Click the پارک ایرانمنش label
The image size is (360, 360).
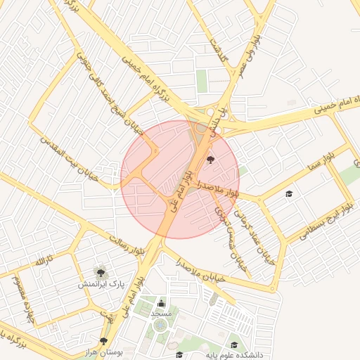click(x=101, y=285)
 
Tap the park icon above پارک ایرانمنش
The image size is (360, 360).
click(x=101, y=271)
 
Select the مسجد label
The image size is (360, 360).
click(x=161, y=313)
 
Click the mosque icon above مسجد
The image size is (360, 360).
click(x=161, y=302)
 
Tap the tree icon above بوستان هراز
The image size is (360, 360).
click(x=104, y=340)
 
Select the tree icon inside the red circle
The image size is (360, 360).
click(x=211, y=161)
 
